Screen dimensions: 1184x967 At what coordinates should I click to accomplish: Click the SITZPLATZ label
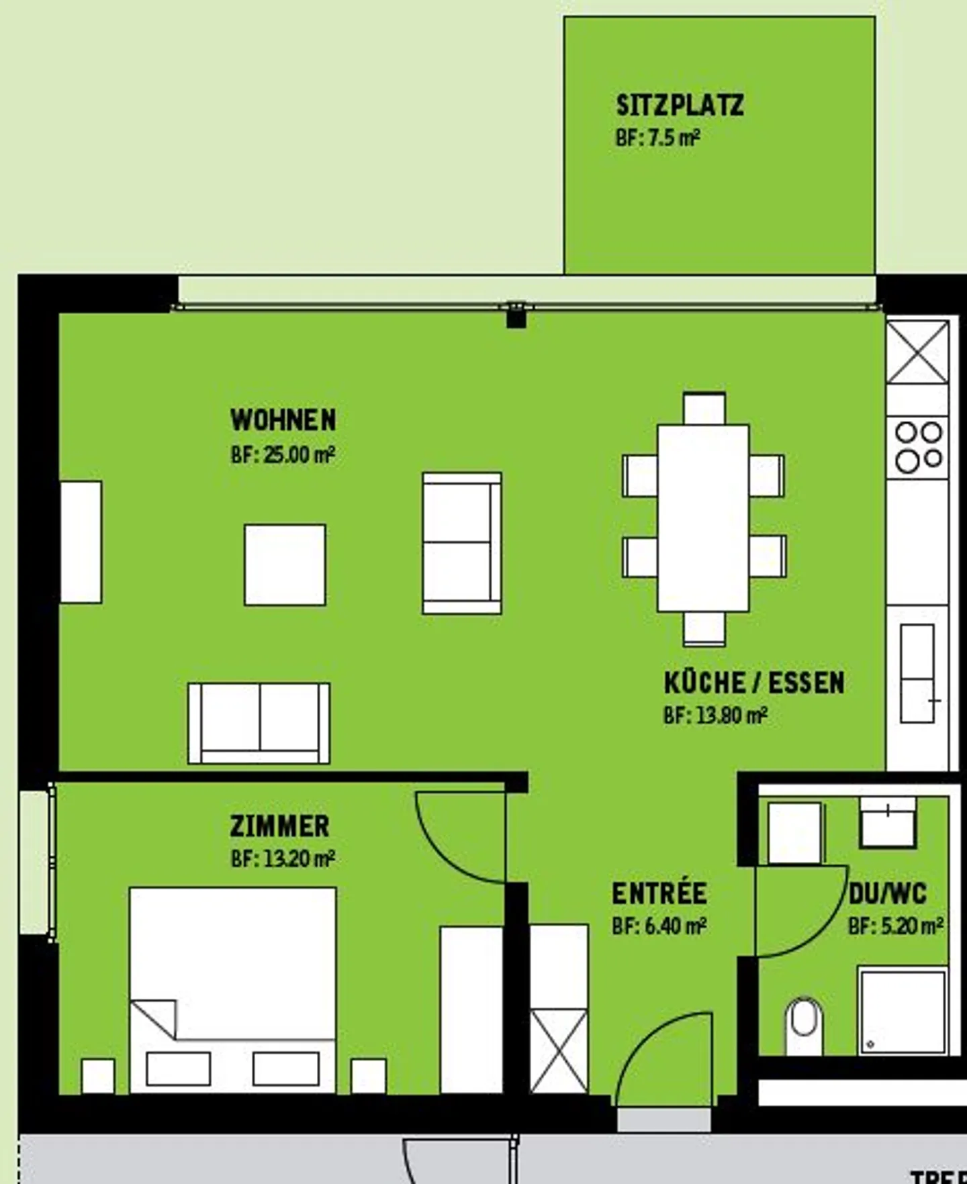[x=680, y=105]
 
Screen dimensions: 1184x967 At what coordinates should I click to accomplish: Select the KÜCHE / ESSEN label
[x=753, y=683]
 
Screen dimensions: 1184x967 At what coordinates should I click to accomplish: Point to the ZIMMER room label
[x=279, y=826]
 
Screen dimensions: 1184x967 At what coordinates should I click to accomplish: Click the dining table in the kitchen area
[x=703, y=517]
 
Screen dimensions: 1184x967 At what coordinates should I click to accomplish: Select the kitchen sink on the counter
[x=917, y=673]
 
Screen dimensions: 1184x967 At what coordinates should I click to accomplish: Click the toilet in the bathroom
[x=804, y=1025]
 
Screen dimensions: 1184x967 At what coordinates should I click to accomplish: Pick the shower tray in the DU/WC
[x=903, y=1012]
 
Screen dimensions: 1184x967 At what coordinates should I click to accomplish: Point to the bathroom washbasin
[x=888, y=823]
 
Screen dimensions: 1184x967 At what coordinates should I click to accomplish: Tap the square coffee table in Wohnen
[x=285, y=565]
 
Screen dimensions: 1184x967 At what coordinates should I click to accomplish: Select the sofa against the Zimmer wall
[x=259, y=724]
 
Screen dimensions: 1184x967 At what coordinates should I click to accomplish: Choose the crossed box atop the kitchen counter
[x=917, y=352]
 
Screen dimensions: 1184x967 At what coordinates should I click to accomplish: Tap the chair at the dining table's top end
[x=704, y=409]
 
